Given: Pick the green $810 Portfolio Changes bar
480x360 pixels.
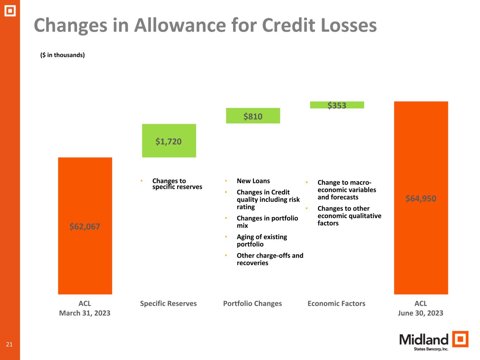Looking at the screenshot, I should pyautogui.click(x=253, y=116).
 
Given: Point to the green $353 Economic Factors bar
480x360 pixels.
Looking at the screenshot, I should pyautogui.click(x=337, y=105).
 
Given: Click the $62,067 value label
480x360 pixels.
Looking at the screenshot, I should pyautogui.click(x=85, y=226).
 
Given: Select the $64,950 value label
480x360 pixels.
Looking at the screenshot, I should pyautogui.click(x=421, y=199).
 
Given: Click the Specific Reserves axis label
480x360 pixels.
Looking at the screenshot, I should pyautogui.click(x=168, y=303).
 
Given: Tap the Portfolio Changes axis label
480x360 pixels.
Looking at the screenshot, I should pyautogui.click(x=252, y=303).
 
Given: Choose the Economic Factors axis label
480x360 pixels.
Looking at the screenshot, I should pyautogui.click(x=336, y=303).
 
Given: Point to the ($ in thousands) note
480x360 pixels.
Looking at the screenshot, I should pyautogui.click(x=63, y=55).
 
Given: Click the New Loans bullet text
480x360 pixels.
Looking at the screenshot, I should pyautogui.click(x=253, y=181).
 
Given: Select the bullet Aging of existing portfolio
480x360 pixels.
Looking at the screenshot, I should pyautogui.click(x=262, y=240).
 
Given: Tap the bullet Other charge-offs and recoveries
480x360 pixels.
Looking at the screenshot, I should pyautogui.click(x=270, y=259).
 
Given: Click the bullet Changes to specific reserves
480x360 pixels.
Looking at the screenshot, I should pyautogui.click(x=177, y=184).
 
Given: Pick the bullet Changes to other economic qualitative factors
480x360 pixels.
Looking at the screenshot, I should pyautogui.click(x=349, y=216).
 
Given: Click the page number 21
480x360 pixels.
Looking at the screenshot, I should pyautogui.click(x=9, y=344).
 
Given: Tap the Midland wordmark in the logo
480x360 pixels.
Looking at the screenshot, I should pyautogui.click(x=424, y=340).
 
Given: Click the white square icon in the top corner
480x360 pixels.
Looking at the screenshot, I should pyautogui.click(x=10, y=11).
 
